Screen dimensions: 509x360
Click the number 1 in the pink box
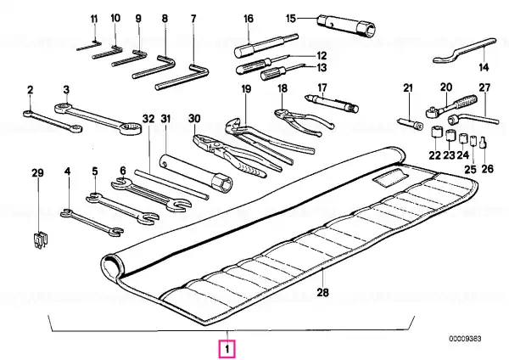[x=227, y=350]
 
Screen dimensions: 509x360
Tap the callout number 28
[x=322, y=293]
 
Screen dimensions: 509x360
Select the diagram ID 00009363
[x=465, y=339]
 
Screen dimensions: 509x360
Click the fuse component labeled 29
[x=40, y=240]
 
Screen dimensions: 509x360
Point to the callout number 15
[x=291, y=18]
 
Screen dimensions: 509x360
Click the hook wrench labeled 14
[x=464, y=50]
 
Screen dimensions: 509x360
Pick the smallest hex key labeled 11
[x=89, y=46]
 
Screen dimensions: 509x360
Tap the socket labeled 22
[x=435, y=132]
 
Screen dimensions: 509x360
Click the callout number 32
[x=148, y=119]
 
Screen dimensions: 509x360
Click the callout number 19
[x=246, y=88]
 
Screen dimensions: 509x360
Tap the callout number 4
[x=67, y=171]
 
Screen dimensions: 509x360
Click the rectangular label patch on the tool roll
[x=390, y=178]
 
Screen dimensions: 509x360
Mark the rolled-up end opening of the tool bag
[x=110, y=267]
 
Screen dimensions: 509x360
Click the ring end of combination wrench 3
[x=130, y=128]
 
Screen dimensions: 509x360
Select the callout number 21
[x=408, y=87]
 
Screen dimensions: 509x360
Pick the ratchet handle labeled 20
[x=451, y=104]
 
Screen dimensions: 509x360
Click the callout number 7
[x=193, y=19]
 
